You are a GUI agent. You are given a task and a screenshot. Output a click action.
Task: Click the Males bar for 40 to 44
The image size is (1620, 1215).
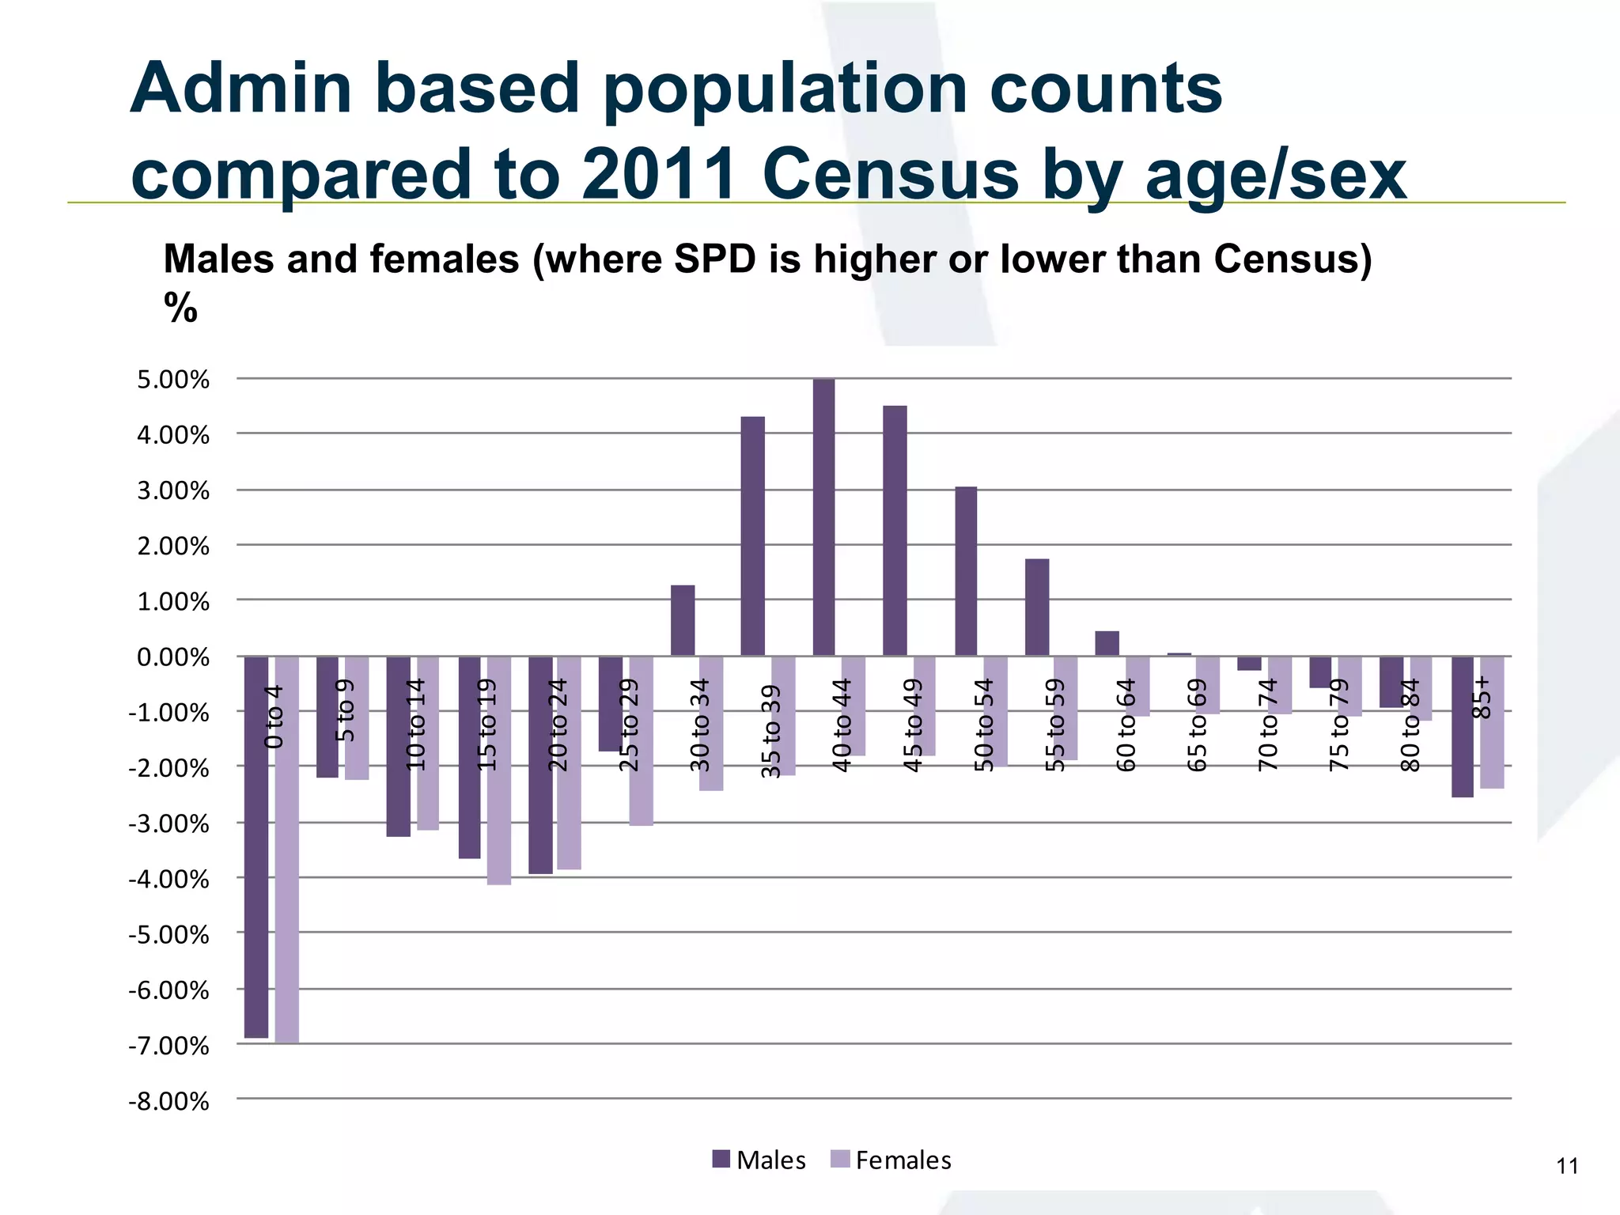[x=823, y=517]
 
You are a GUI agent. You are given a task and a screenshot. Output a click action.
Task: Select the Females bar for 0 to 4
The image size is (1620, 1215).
[x=287, y=850]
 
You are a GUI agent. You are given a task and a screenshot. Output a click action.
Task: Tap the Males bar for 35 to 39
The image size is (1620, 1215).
[x=752, y=536]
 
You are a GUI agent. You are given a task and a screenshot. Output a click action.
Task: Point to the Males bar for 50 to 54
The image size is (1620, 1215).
[x=966, y=571]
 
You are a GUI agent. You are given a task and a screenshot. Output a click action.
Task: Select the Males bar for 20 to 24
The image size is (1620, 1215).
[x=540, y=765]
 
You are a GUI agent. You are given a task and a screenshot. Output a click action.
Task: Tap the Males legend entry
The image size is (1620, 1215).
[x=759, y=1160]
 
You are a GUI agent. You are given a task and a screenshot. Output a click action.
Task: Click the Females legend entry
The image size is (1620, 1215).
[x=891, y=1160]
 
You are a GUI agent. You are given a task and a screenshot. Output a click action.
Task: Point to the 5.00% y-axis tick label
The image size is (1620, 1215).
[x=173, y=380]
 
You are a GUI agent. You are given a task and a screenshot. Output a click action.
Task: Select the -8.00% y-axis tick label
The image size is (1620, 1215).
[x=169, y=1101]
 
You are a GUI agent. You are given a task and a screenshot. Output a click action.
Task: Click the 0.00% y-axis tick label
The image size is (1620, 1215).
[x=173, y=657]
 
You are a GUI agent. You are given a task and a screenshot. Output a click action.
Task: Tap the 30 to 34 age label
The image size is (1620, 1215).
[x=700, y=725]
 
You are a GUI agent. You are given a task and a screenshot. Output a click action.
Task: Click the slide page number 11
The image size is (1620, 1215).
[x=1567, y=1167]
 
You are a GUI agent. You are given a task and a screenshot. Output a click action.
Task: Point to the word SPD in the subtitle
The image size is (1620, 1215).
[x=714, y=259]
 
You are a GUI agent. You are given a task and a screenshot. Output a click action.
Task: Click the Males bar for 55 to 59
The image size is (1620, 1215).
[x=1037, y=607]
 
